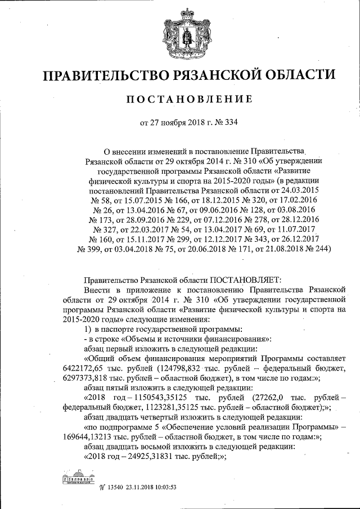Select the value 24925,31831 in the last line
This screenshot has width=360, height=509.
pyautogui.click(x=160, y=457)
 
